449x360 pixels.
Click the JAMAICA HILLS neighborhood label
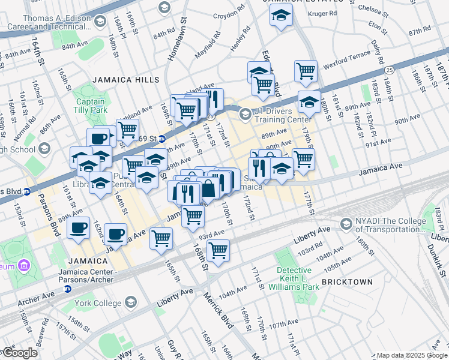tap(125, 80)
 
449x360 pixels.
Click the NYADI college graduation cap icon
tap(346, 224)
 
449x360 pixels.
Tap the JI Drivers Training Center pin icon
tap(245, 113)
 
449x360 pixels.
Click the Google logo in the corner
tap(19, 353)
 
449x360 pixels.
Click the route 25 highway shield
tap(390, 71)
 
